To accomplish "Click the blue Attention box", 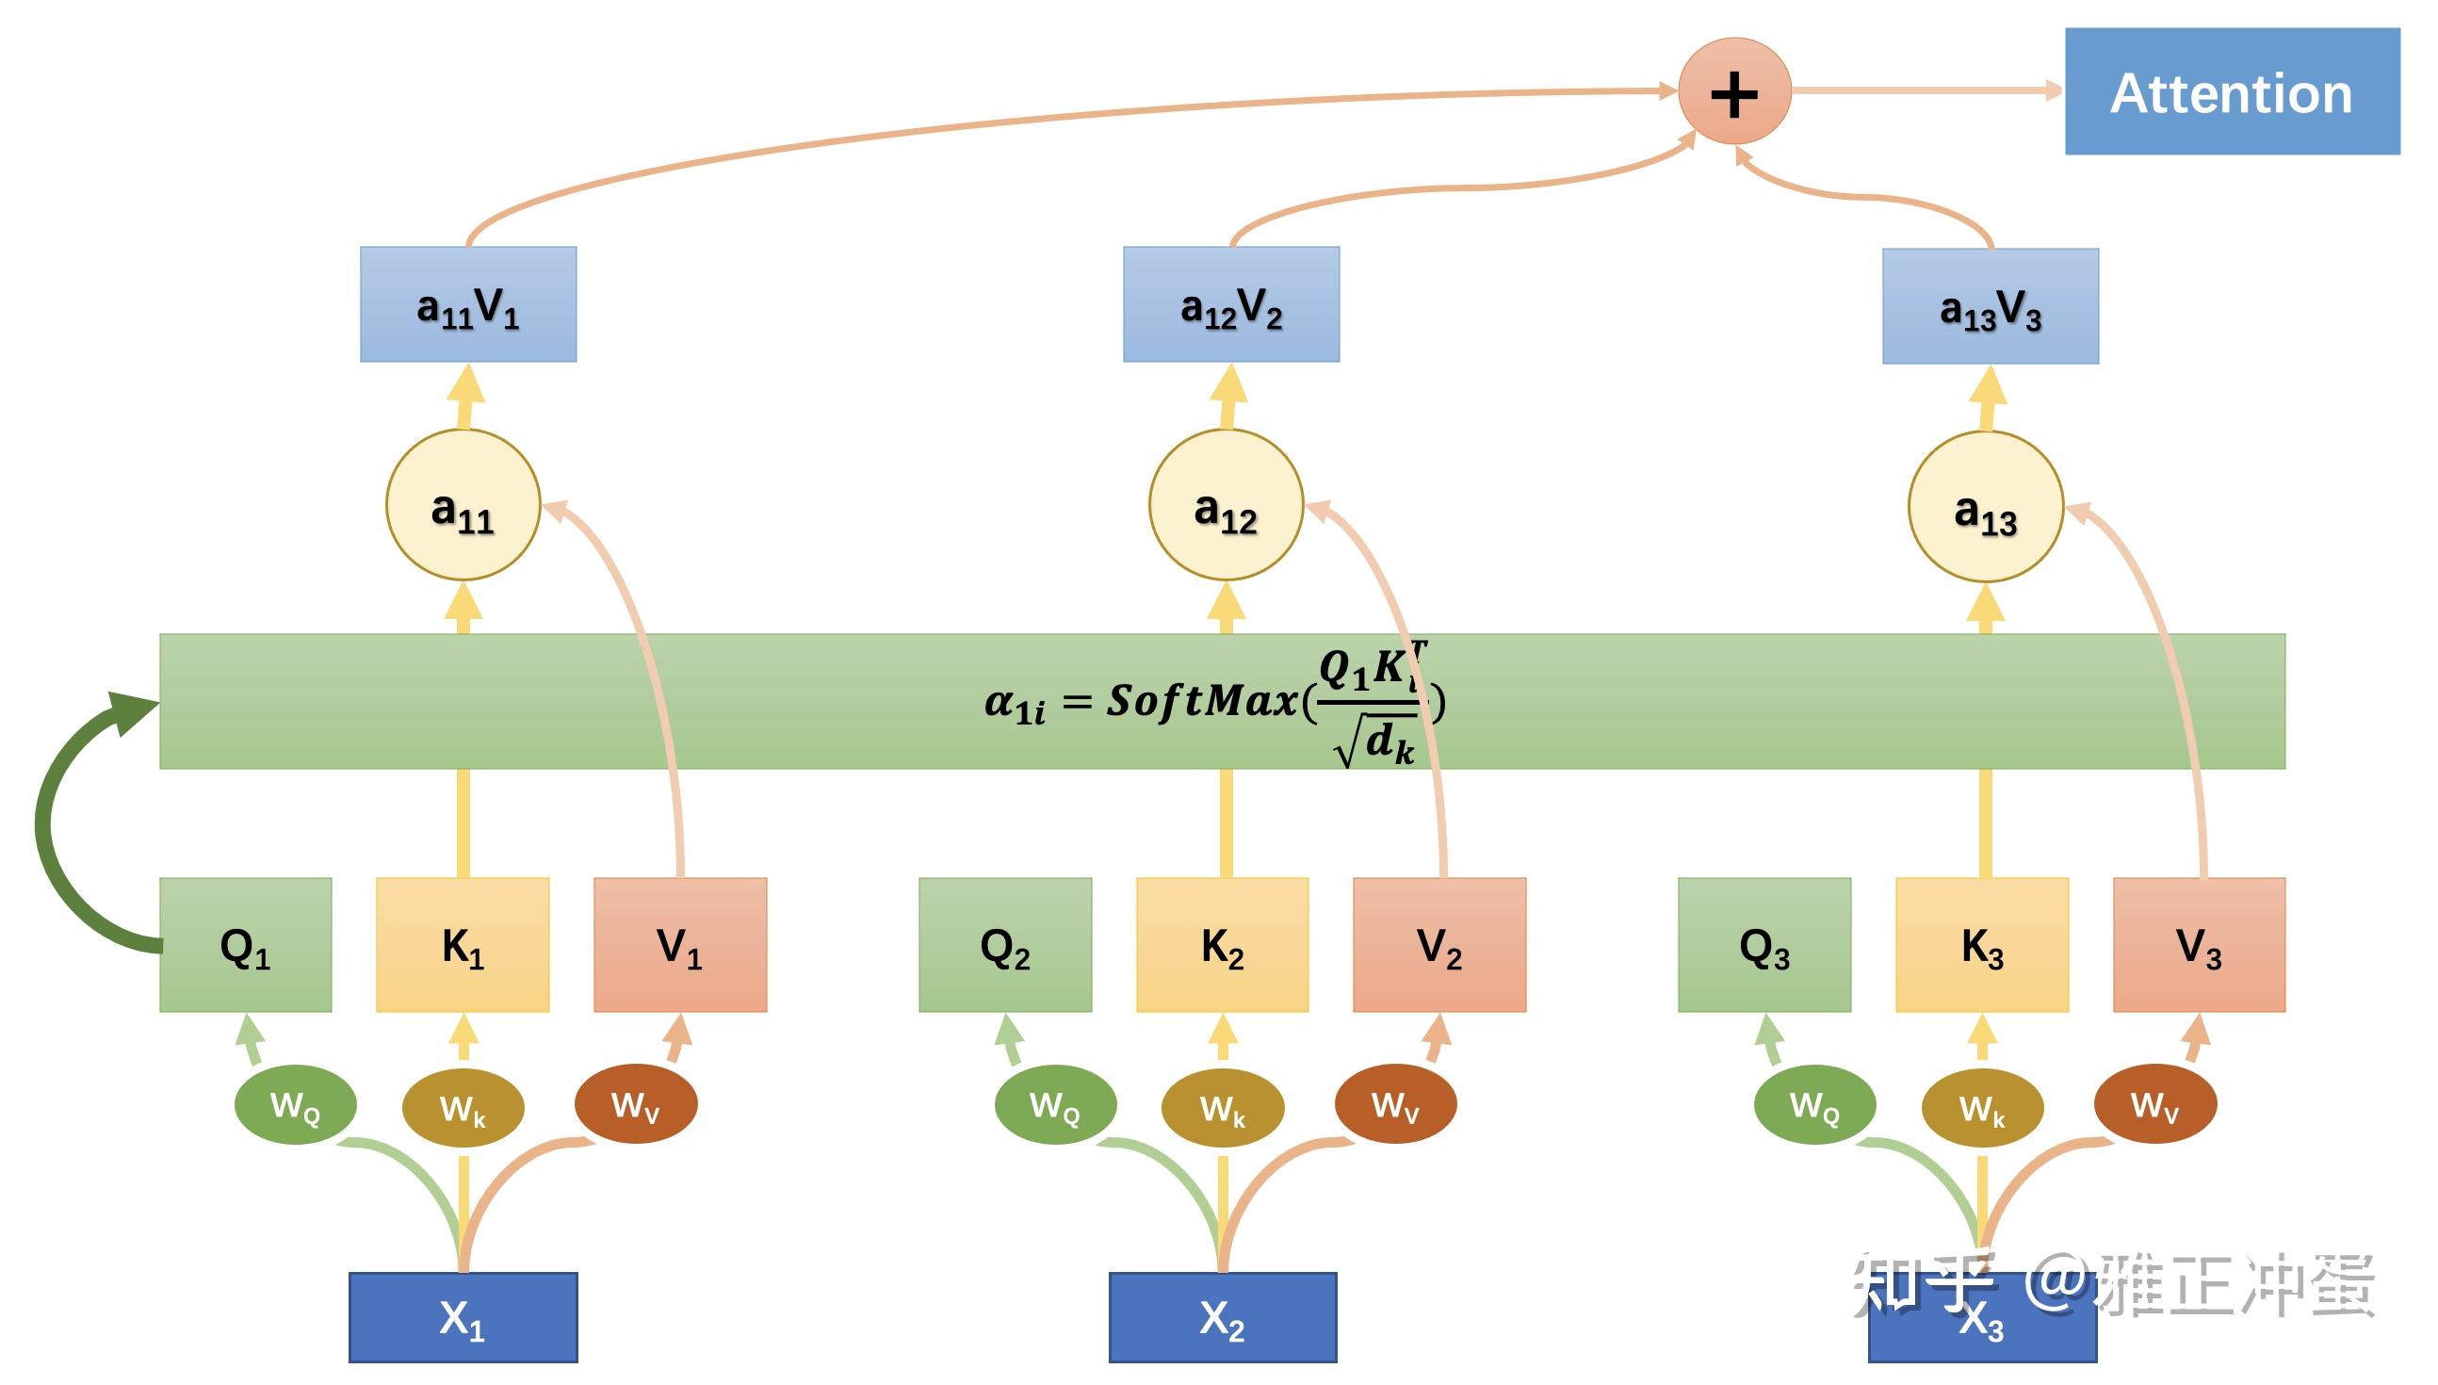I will coord(2231,91).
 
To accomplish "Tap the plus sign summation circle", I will coord(1734,92).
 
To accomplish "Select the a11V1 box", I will coord(468,304).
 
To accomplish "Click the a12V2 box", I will coord(1231,304).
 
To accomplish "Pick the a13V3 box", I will coord(1991,306).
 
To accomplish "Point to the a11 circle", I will coord(463,505).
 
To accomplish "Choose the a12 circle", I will coord(1226,505).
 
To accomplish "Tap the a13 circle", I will coord(1986,507).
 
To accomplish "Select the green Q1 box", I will coord(245,945).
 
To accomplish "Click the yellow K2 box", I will coord(1222,945).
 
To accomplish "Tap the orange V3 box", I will coord(2199,945).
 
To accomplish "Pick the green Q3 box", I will coord(1763,945).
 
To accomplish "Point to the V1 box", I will coord(680,945).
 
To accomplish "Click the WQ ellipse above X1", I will coord(295,1104).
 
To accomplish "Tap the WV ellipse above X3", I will coord(2154,1104).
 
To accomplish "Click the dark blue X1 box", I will coord(463,1317).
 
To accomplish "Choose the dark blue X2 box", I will coord(1223,1317).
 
